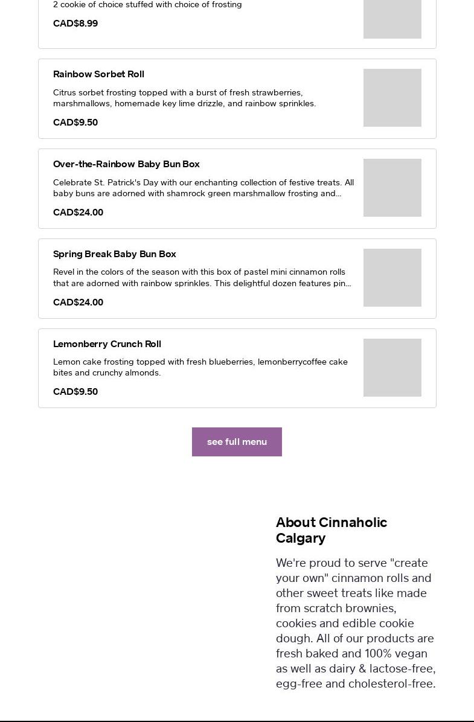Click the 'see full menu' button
tap(237, 442)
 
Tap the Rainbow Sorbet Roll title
tap(98, 74)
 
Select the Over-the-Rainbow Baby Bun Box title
tap(126, 164)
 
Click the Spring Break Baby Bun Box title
tap(115, 254)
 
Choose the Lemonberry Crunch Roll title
tap(107, 344)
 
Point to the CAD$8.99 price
tap(75, 24)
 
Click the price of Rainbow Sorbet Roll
tap(75, 123)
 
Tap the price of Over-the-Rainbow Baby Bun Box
tap(78, 212)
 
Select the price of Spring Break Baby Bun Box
tap(78, 302)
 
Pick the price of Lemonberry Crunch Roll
tap(75, 392)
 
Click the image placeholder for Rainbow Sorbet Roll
tap(392, 98)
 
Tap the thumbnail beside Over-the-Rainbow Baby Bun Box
tap(392, 188)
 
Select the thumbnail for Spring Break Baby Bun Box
tap(392, 278)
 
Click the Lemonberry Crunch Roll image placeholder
tap(392, 368)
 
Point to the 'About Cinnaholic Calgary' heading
tap(331, 530)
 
